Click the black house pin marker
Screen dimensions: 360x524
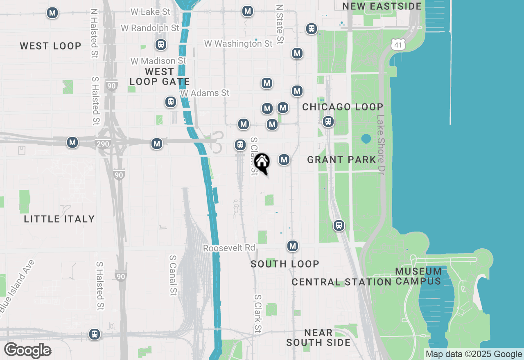[262, 163]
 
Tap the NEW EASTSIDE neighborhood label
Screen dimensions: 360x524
[382, 6]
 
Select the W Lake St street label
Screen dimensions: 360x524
[150, 12]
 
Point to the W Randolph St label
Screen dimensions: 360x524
[150, 28]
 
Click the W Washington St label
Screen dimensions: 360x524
[238, 43]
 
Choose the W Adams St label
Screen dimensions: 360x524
[205, 93]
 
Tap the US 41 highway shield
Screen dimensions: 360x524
[399, 45]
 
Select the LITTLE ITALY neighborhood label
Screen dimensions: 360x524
[59, 219]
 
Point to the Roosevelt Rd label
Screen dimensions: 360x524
[229, 248]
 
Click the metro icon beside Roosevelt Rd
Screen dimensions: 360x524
[292, 246]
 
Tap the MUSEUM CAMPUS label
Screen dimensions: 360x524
[418, 276]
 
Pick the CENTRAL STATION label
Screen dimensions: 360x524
[342, 282]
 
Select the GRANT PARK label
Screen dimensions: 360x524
[341, 160]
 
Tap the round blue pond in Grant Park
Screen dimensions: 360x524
[366, 139]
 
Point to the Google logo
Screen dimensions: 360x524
[28, 350]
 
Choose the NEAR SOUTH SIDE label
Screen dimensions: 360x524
[318, 337]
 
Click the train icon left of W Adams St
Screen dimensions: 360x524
[171, 102]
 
